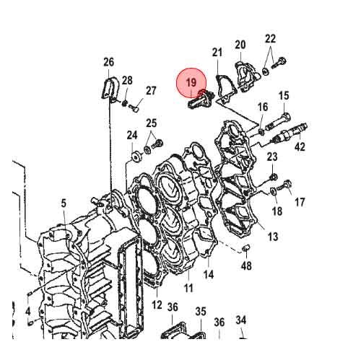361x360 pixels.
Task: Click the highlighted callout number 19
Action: point(191,84)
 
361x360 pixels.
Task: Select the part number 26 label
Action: point(108,62)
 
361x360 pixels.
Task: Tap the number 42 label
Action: point(300,146)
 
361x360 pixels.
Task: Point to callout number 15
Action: point(284,96)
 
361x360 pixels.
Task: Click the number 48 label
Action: point(246,266)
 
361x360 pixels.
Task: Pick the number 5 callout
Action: point(64,204)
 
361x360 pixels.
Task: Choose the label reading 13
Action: point(273,237)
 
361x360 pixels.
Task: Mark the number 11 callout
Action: point(188,288)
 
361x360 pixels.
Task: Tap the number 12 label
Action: point(157,305)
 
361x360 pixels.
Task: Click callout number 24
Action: point(132,135)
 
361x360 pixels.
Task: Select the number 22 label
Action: point(270,38)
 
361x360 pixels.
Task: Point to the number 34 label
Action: point(241,320)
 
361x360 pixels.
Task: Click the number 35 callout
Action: point(200,311)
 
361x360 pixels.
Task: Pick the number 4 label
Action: point(27,312)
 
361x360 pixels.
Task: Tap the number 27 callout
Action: point(151,91)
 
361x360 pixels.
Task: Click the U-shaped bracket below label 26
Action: point(108,88)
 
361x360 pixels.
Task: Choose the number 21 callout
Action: point(217,52)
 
